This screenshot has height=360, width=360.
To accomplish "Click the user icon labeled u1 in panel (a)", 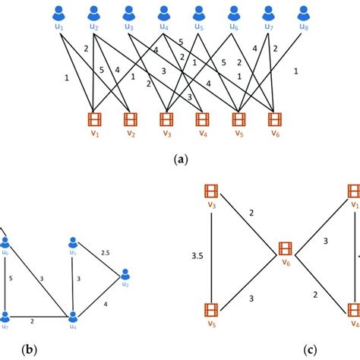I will (x=58, y=12).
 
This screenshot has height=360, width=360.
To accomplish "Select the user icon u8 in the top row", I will (x=305, y=12).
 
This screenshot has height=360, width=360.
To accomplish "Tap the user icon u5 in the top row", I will (x=199, y=12).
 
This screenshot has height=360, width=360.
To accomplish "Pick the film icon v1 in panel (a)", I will (x=94, y=118).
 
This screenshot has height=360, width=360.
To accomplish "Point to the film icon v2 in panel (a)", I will (x=130, y=118).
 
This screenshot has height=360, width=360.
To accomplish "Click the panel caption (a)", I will (x=180, y=160).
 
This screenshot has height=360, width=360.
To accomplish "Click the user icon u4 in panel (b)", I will (x=74, y=317).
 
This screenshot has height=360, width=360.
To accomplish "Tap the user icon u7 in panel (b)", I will (x=5, y=317).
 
